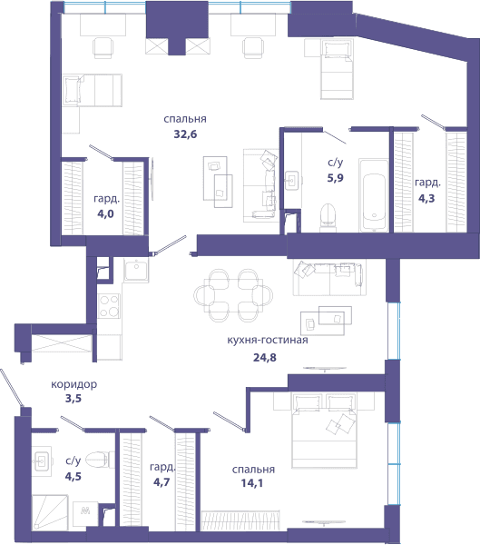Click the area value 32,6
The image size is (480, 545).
(x=185, y=134)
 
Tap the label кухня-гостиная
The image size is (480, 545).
(x=268, y=340)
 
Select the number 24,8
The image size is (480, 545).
(x=265, y=357)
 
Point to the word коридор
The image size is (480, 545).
(x=74, y=384)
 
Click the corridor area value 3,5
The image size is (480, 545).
(x=73, y=399)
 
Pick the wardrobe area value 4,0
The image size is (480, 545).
(x=105, y=213)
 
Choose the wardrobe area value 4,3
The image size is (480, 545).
(x=426, y=198)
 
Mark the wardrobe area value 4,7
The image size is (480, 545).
(x=162, y=482)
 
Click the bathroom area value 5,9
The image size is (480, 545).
(x=335, y=178)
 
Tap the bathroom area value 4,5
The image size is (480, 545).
(x=73, y=476)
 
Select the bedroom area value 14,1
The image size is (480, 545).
(x=252, y=483)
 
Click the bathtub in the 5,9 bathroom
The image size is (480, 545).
(x=374, y=195)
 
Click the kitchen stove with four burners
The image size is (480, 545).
(x=109, y=306)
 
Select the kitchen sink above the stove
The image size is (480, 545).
(x=136, y=271)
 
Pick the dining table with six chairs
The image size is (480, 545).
(x=233, y=295)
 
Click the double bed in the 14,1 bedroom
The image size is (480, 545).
(x=325, y=431)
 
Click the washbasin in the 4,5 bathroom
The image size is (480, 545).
(x=43, y=461)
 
